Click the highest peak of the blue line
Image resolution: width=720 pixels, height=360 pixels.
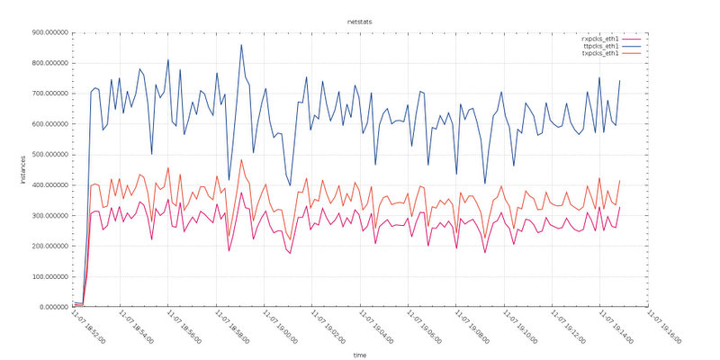pyautogui.click(x=241, y=45)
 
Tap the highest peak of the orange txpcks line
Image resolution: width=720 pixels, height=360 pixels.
pyautogui.click(x=241, y=159)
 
